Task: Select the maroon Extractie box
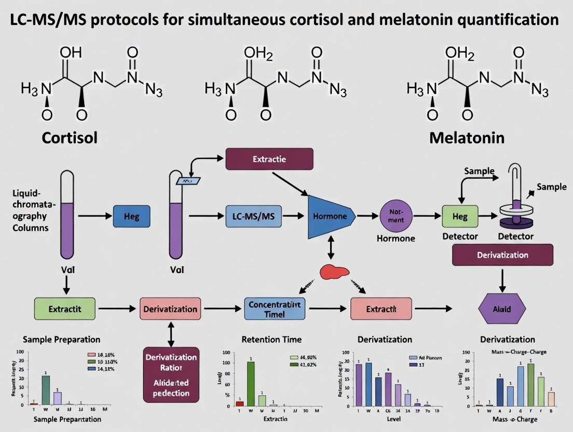[x=269, y=159]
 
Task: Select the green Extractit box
[x=64, y=308]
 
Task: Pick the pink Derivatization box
[x=170, y=309]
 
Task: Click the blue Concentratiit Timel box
[x=275, y=308]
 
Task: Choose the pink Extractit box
[x=381, y=308]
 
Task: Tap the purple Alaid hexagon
[x=501, y=309]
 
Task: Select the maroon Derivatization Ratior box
[x=171, y=374]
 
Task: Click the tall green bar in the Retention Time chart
[x=251, y=383]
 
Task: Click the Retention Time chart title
[x=271, y=340]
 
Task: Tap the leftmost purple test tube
[x=67, y=215]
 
